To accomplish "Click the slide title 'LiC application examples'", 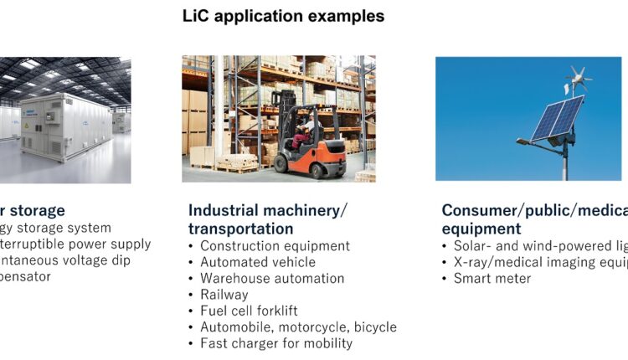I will tap(284, 16).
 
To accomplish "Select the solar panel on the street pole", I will tap(557, 116).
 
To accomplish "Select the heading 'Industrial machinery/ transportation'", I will tap(267, 219).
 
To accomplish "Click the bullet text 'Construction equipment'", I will tap(275, 246).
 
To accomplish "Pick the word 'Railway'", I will tap(224, 295).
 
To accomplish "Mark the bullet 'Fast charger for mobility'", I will tap(276, 343).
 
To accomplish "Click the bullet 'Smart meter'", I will tap(492, 278).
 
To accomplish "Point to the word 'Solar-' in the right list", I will tap(472, 246).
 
